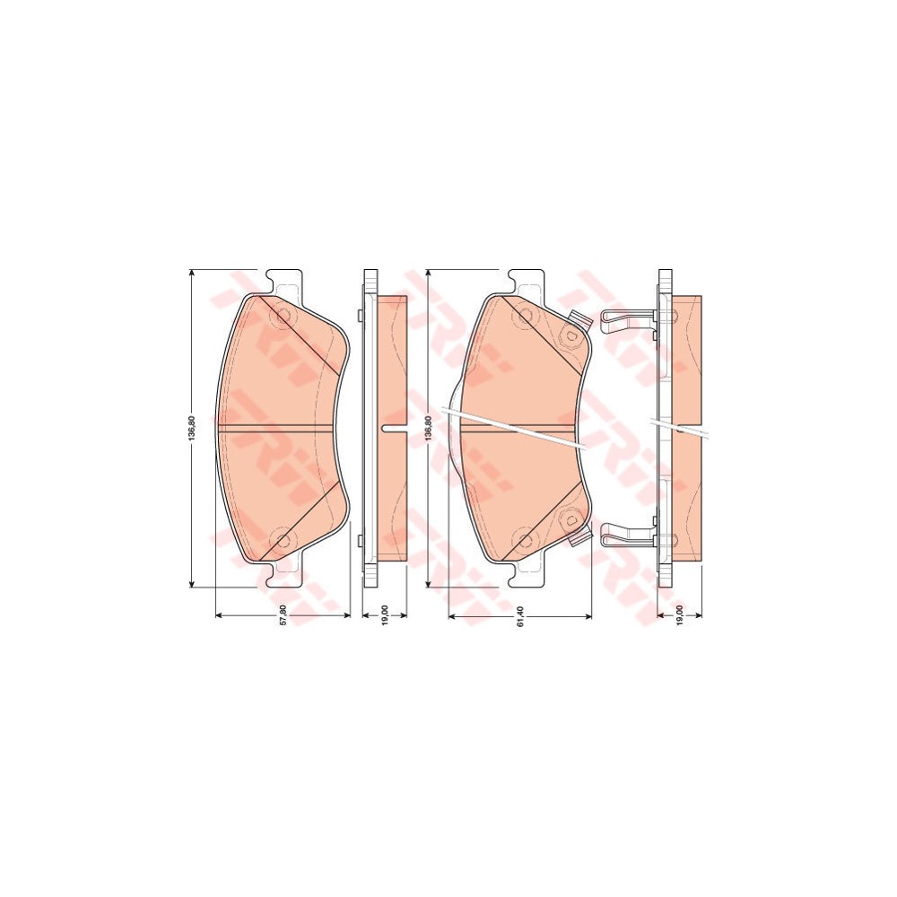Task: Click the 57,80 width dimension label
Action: (x=284, y=616)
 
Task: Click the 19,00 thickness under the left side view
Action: (x=383, y=616)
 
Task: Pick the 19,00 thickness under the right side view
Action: (x=680, y=616)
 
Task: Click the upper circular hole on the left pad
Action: (x=284, y=317)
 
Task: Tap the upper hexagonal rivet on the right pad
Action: (x=568, y=334)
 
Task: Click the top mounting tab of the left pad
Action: (x=286, y=279)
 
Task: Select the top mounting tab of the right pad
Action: (x=526, y=279)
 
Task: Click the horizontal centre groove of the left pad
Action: (x=283, y=427)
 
